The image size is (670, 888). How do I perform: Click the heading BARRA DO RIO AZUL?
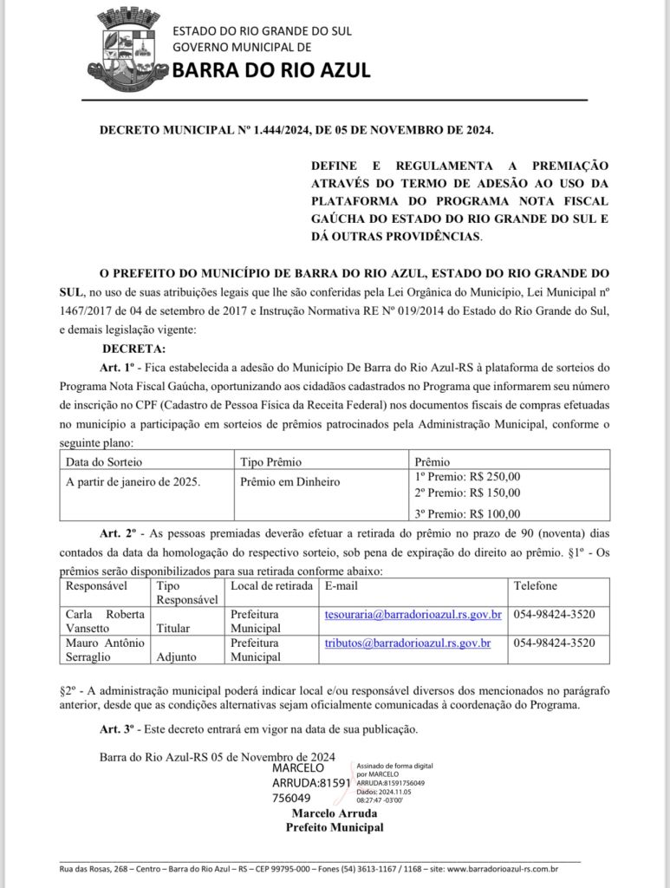tap(271, 70)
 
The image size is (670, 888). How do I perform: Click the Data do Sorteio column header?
tap(104, 461)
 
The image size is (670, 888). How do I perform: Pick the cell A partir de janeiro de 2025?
tap(133, 481)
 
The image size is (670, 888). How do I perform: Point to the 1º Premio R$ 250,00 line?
tap(468, 476)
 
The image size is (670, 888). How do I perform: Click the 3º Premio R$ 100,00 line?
tap(468, 513)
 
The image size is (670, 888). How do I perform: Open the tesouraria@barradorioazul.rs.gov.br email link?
tap(413, 615)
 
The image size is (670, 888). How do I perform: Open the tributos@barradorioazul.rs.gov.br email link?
tap(407, 643)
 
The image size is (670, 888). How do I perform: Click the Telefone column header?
tap(536, 586)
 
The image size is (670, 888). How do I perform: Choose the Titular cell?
tap(173, 628)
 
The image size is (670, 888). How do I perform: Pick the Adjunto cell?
tap(177, 656)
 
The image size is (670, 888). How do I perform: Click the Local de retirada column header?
tap(271, 586)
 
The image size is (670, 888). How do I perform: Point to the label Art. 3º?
tap(117, 728)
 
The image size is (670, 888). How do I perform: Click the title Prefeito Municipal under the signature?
tap(335, 827)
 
